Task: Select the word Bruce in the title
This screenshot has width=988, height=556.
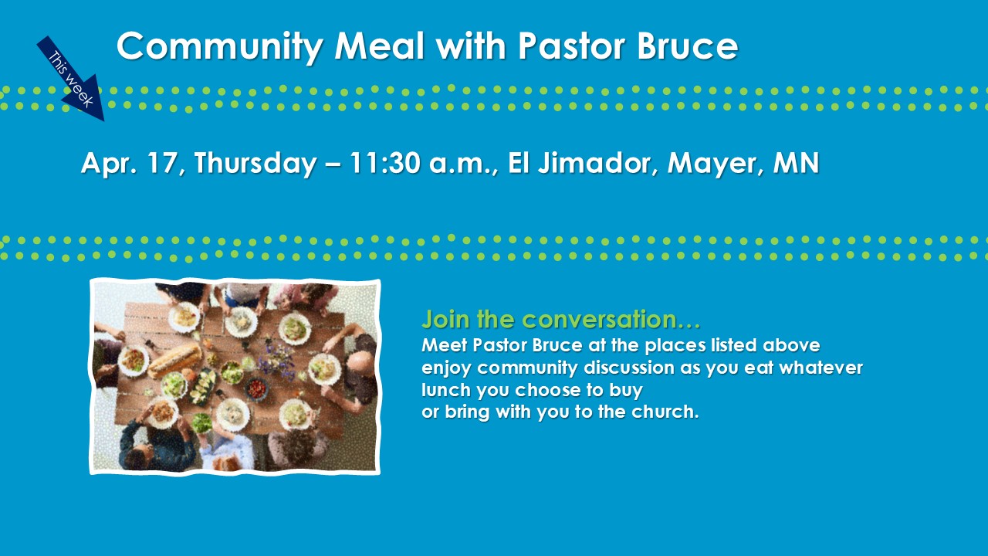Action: (687, 46)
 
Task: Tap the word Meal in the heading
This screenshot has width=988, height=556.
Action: (379, 46)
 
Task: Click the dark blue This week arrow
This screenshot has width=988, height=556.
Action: (70, 79)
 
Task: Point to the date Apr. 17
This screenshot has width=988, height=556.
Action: (133, 163)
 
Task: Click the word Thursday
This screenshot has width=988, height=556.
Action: (255, 163)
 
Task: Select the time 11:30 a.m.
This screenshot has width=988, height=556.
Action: (424, 163)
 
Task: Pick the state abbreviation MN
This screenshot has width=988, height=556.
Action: (796, 162)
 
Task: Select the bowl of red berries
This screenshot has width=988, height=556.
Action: (256, 388)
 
